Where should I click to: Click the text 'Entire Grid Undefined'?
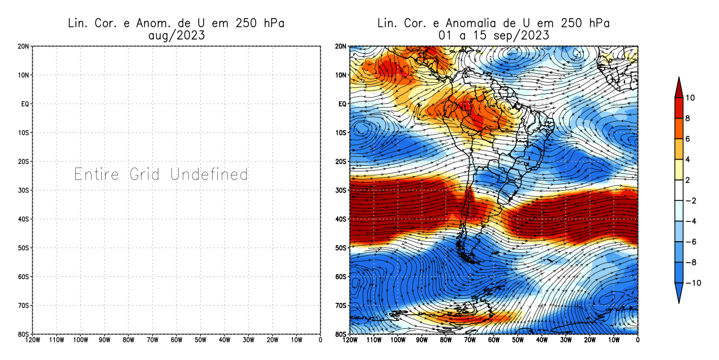(161, 174)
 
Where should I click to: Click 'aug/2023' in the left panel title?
(176, 35)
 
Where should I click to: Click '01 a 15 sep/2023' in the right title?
(493, 35)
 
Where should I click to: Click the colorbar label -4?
(693, 221)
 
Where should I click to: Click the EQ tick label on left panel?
(25, 104)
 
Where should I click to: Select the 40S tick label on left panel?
(24, 219)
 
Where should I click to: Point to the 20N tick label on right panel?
(341, 46)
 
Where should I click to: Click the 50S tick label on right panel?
(341, 248)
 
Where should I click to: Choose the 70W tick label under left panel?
(152, 340)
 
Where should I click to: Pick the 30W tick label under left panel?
(248, 340)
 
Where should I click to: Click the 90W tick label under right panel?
(422, 340)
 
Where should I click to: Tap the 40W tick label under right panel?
(542, 340)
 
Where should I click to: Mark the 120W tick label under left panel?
(32, 340)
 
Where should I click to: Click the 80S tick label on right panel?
(341, 334)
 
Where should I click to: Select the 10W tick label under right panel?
(614, 340)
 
